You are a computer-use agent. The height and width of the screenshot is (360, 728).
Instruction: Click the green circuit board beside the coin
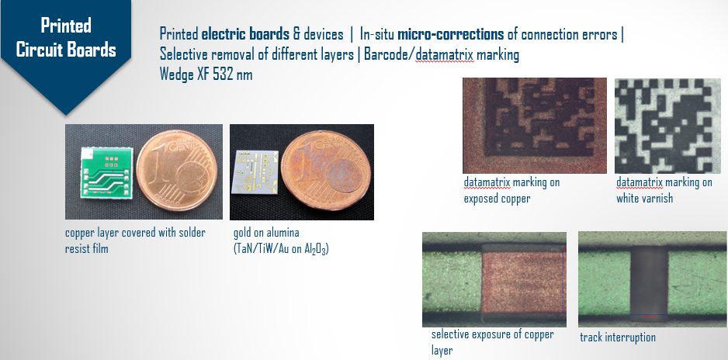(107, 173)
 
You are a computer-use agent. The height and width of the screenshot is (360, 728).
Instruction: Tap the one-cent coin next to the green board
(177, 170)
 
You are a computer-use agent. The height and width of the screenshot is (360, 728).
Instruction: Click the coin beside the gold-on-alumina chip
(327, 174)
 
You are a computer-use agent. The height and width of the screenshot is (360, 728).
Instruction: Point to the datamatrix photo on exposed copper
(535, 126)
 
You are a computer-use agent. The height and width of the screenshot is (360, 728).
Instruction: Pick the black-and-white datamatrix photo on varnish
(667, 126)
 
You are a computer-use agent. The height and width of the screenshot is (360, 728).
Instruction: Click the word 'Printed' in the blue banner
(65, 25)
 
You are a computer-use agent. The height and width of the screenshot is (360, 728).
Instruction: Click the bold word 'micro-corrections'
(450, 34)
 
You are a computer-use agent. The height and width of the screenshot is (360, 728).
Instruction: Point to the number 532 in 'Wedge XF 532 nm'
(223, 74)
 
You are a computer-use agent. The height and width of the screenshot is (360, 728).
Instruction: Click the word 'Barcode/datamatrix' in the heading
(419, 54)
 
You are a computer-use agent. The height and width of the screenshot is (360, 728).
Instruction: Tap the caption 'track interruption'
(618, 337)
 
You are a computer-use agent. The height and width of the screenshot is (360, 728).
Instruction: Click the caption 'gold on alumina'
(266, 233)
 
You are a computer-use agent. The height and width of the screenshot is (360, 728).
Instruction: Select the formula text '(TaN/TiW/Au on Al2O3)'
(281, 248)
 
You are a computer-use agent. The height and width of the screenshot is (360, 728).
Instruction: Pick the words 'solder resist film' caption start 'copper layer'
(134, 241)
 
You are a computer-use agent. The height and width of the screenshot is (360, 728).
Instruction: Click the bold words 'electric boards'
(245, 34)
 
